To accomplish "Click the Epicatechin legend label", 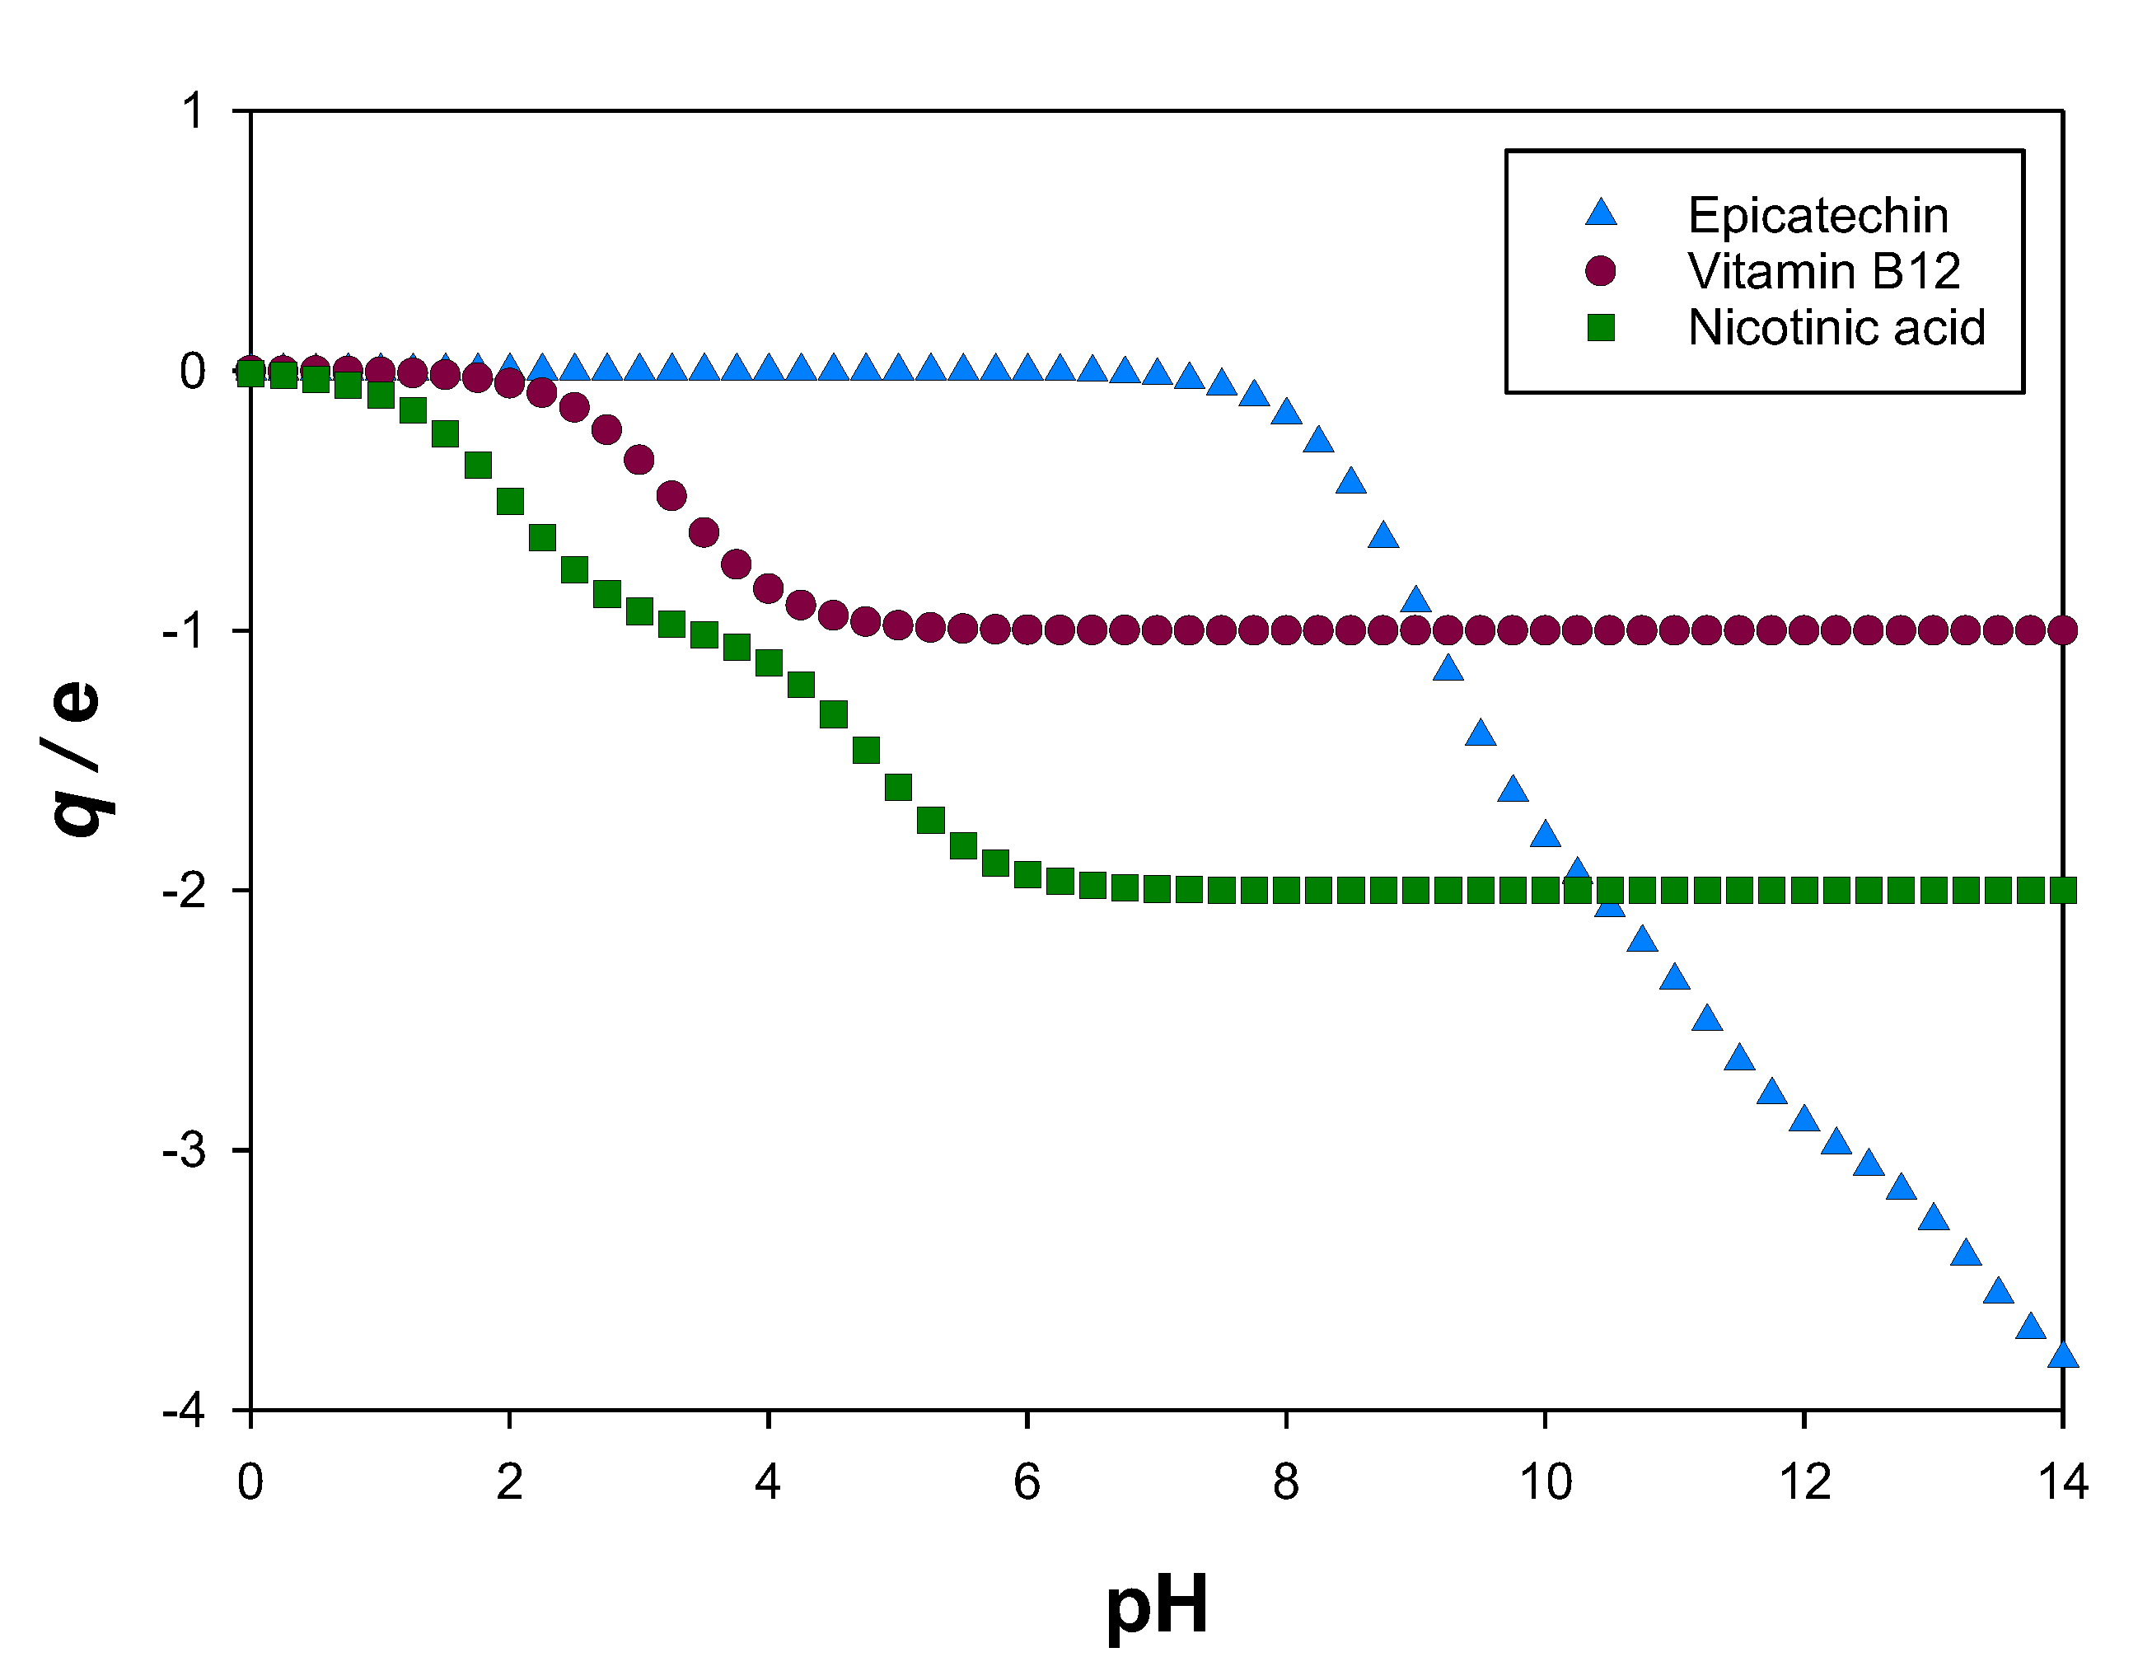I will pyautogui.click(x=1818, y=215).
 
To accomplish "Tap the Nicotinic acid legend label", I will pyautogui.click(x=1836, y=327).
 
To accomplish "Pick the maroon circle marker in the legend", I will pyautogui.click(x=1601, y=271).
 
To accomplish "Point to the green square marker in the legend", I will pyautogui.click(x=1601, y=327).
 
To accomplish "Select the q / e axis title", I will pyautogui.click(x=77, y=760).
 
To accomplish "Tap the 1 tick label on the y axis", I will pyautogui.click(x=193, y=110).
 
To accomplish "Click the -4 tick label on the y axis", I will pyautogui.click(x=185, y=1411).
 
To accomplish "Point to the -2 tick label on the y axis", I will pyautogui.click(x=185, y=891).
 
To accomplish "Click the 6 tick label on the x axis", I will pyautogui.click(x=1027, y=1483).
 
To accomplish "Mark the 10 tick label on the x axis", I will pyautogui.click(x=1545, y=1483).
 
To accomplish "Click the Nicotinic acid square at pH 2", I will pyautogui.click(x=510, y=502).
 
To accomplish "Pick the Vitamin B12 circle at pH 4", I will pyautogui.click(x=769, y=588).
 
